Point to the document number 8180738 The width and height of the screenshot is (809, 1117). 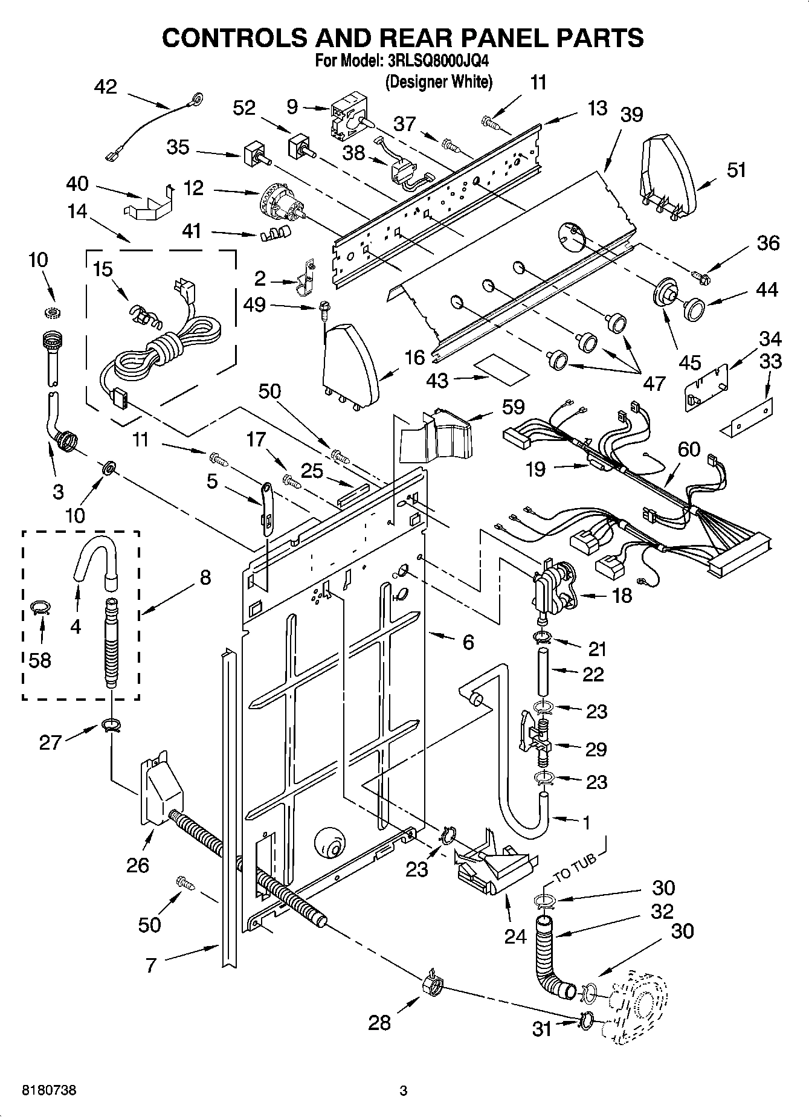pyautogui.click(x=49, y=1090)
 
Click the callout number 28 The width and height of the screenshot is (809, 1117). pyautogui.click(x=379, y=1022)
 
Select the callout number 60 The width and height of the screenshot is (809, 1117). pyautogui.click(x=689, y=449)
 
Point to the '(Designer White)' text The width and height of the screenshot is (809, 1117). pyautogui.click(x=439, y=82)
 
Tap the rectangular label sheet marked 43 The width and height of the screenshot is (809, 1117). pyautogui.click(x=501, y=370)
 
